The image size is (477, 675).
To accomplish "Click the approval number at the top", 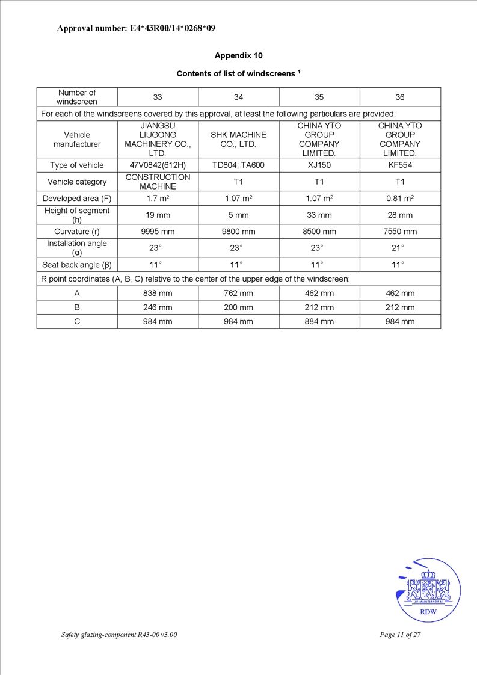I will (x=136, y=28).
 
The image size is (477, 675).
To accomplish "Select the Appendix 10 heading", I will (x=238, y=55).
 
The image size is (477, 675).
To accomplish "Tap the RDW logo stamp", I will (x=428, y=591).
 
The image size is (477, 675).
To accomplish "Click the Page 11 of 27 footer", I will (x=400, y=635).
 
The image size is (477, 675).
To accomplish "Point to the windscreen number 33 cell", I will (x=158, y=97).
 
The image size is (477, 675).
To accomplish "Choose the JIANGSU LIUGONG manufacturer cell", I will (x=158, y=140).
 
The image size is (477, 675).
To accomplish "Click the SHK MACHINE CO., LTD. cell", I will (x=238, y=140).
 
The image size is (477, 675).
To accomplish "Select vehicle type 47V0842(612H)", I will (x=158, y=165).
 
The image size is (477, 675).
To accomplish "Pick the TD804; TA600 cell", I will (x=238, y=165).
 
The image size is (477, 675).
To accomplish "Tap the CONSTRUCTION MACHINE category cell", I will (x=158, y=182).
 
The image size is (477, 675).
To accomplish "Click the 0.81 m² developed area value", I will (x=399, y=198).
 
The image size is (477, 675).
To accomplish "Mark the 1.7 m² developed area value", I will (x=158, y=198).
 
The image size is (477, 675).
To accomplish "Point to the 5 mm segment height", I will (x=238, y=215).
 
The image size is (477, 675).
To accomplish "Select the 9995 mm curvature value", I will (x=158, y=231).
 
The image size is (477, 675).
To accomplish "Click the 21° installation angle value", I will (x=399, y=248).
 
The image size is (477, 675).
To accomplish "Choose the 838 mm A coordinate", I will (x=158, y=293).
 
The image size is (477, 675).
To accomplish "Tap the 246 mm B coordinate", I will (x=158, y=307).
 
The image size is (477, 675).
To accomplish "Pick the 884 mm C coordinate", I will (x=319, y=321).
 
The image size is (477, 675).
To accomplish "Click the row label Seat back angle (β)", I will (x=77, y=264).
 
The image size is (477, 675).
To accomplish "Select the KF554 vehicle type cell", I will (x=399, y=165).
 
